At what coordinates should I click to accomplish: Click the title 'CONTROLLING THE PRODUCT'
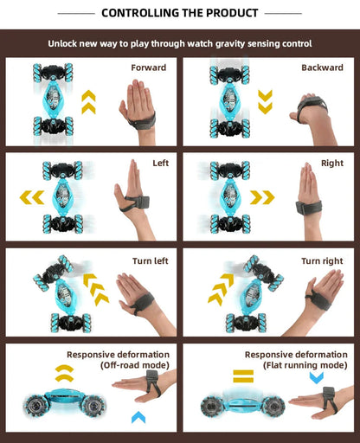click(180, 13)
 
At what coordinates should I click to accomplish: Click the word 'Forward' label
click(149, 67)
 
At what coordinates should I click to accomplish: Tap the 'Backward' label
click(322, 67)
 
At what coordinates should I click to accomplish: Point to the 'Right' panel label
click(331, 163)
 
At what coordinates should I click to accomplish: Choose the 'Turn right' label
click(322, 260)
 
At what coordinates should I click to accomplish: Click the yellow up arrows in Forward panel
click(88, 102)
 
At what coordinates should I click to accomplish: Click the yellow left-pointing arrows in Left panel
click(32, 198)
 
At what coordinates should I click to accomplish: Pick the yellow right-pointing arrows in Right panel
click(262, 197)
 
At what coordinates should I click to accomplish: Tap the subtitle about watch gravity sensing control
click(180, 42)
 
